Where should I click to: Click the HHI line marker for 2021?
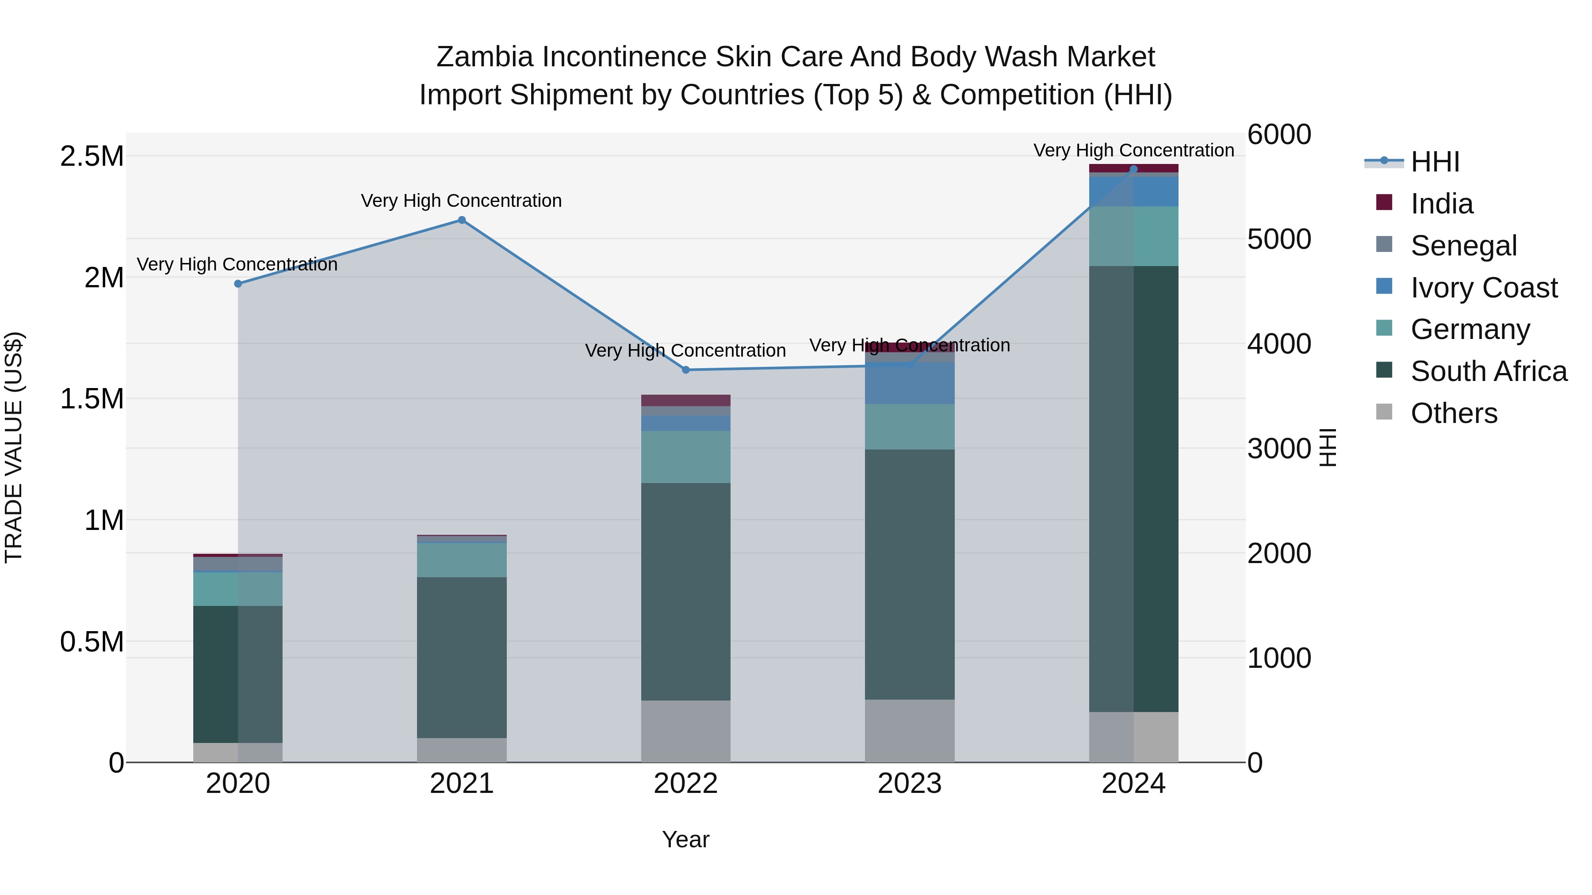[x=462, y=220]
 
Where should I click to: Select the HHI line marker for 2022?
[x=685, y=370]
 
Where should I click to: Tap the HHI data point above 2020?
[x=238, y=283]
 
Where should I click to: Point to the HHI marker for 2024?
[x=1133, y=169]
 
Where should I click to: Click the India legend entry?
[x=1441, y=204]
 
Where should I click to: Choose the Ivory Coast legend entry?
[x=1483, y=288]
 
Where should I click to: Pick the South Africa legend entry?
[x=1488, y=371]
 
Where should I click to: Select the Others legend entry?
[x=1454, y=413]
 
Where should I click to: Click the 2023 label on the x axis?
[x=909, y=784]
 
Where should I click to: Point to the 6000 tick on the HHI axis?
[x=1278, y=135]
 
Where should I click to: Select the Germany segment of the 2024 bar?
[x=1133, y=236]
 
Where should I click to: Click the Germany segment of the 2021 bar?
[x=462, y=560]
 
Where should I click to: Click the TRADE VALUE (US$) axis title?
[x=14, y=447]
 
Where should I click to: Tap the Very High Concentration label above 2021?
[x=461, y=201]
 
